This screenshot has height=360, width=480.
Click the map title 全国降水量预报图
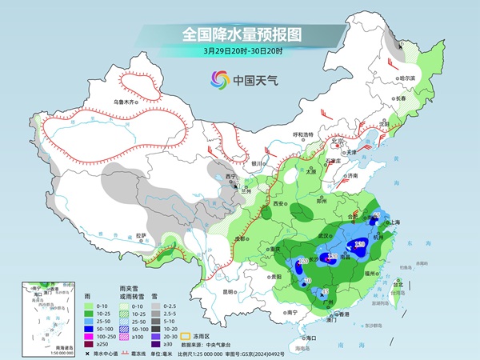click(239, 34)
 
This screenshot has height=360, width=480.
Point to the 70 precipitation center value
click(305, 281)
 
